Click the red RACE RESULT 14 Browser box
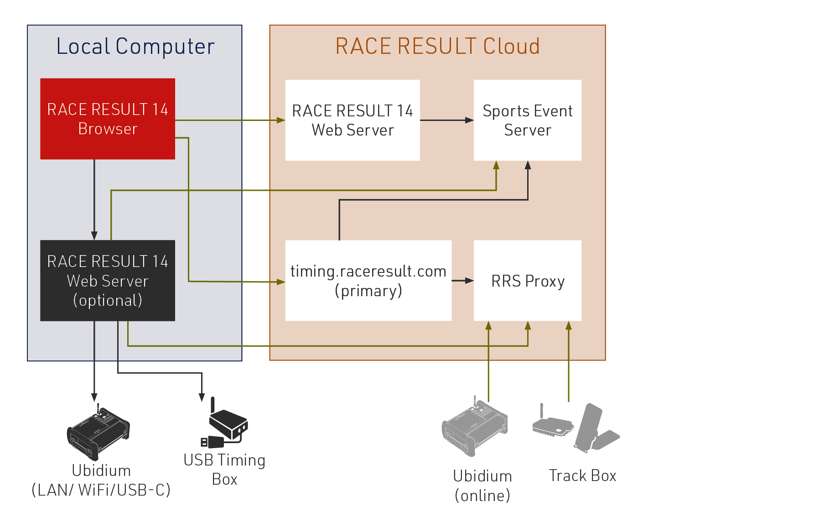coord(108,119)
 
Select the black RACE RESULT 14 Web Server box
coord(108,280)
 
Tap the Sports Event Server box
coord(527,120)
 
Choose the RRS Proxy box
coord(527,280)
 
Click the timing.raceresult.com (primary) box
coord(368,280)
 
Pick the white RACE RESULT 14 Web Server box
coord(352,120)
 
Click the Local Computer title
coord(135,46)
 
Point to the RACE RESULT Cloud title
coord(437,46)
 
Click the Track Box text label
coord(582,476)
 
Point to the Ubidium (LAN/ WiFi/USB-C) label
coord(101,480)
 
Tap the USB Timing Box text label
coord(224,470)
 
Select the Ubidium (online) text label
coord(482,486)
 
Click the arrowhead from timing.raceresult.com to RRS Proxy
coord(469,281)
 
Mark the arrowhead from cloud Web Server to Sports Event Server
coord(469,120)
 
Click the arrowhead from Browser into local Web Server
coord(94,235)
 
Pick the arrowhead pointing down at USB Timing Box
coord(202,397)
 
